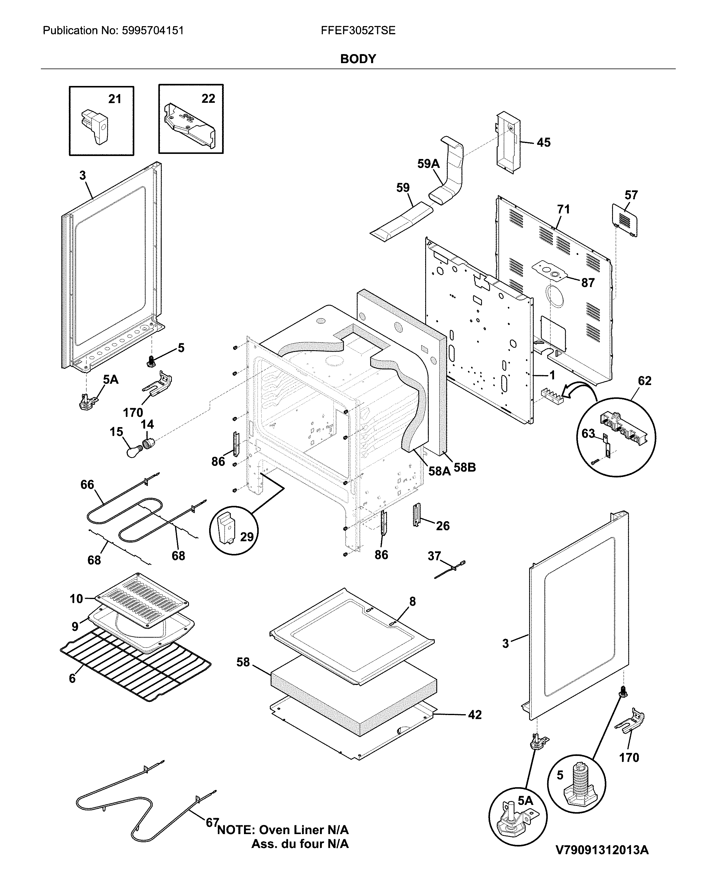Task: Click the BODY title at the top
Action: [x=358, y=59]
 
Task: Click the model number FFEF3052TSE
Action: [x=358, y=31]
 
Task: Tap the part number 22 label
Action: [x=208, y=99]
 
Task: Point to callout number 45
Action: [x=543, y=143]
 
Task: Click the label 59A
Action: [x=428, y=164]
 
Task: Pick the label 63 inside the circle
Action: [x=588, y=433]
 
